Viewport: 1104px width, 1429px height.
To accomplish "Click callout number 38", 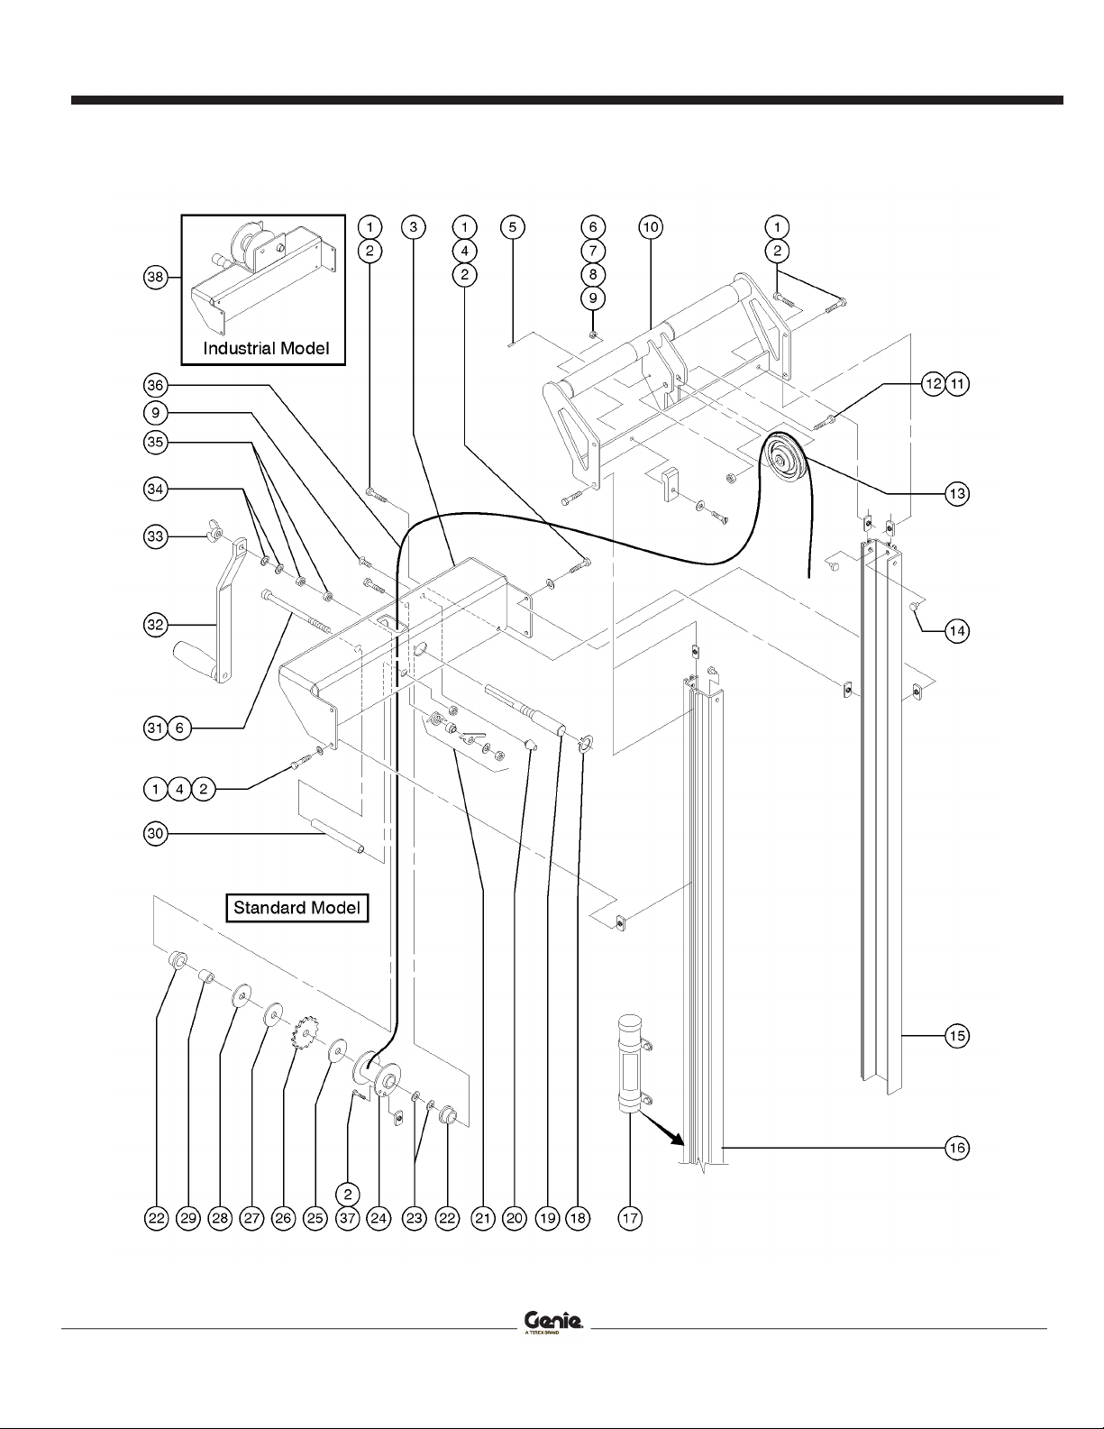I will click(x=156, y=277).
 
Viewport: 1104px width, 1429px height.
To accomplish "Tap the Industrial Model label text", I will click(x=266, y=348).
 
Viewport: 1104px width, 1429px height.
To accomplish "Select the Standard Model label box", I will click(x=297, y=907).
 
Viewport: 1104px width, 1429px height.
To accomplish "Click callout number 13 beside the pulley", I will click(x=957, y=493).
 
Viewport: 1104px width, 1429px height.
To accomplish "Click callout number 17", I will click(x=629, y=1218).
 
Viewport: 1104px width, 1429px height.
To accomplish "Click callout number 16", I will click(x=957, y=1148).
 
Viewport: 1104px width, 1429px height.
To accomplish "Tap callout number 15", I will click(x=957, y=1035).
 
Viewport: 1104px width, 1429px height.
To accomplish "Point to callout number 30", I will click(x=156, y=834).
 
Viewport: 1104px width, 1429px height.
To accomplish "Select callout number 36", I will click(x=156, y=385).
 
